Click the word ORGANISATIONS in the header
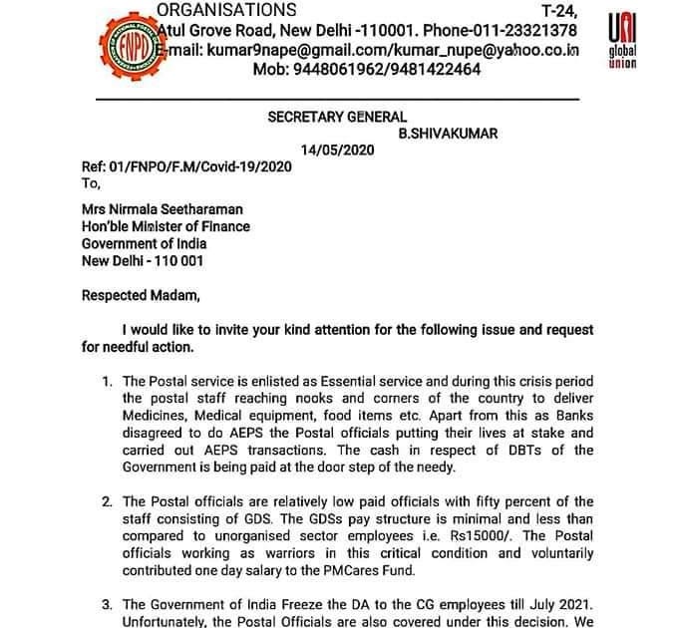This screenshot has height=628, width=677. pyautogui.click(x=227, y=10)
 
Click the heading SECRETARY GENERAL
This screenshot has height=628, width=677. pyautogui.click(x=337, y=118)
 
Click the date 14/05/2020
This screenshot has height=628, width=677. pyautogui.click(x=343, y=151)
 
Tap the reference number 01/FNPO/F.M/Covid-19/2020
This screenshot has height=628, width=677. pyautogui.click(x=197, y=166)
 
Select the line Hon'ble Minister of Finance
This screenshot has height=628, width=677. pyautogui.click(x=166, y=226)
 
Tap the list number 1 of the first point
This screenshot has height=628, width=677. pyautogui.click(x=108, y=382)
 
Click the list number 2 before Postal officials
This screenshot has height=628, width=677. pyautogui.click(x=108, y=501)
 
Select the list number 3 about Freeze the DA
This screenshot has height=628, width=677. pyautogui.click(x=108, y=604)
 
